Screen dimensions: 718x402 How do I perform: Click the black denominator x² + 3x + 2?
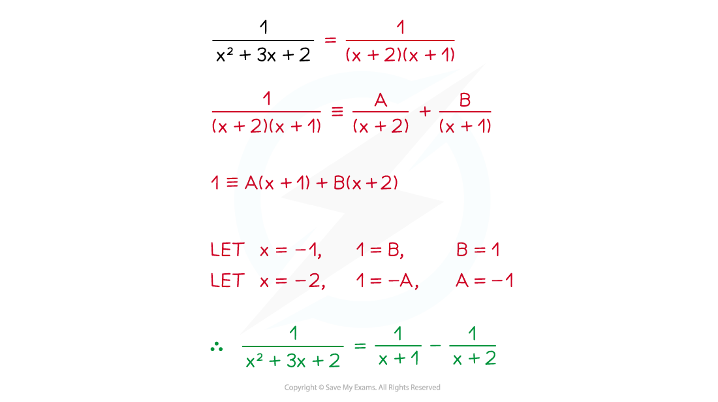263,55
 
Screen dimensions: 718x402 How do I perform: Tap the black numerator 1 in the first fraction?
263,27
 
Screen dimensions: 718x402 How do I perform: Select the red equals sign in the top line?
330,41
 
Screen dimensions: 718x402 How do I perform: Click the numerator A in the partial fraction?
381,100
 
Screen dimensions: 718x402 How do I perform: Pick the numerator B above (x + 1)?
465,100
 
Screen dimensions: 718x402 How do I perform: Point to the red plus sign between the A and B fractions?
425,111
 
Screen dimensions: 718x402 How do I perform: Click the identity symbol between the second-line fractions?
337,111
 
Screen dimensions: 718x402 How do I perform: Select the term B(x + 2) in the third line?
366,183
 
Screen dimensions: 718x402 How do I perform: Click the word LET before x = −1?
228,250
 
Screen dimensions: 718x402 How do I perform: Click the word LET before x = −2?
228,280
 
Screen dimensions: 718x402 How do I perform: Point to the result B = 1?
478,250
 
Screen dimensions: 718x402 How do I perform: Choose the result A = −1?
484,280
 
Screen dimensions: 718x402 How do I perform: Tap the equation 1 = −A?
387,280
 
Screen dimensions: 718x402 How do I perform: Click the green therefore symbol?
217,347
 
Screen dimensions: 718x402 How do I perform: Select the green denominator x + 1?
398,358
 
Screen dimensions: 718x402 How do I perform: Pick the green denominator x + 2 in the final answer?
474,358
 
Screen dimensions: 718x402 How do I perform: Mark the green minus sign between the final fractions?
435,345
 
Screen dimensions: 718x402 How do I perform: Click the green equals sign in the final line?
360,346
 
